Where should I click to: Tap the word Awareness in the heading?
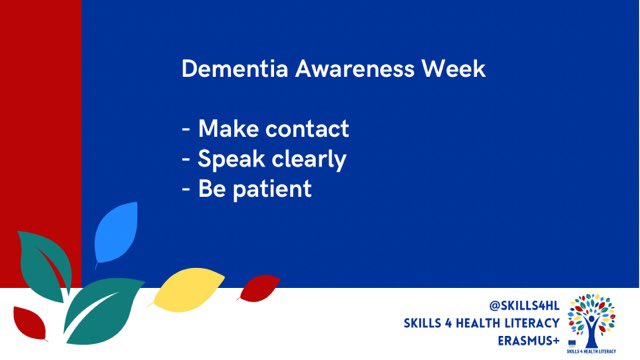321,71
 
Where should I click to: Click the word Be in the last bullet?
211,187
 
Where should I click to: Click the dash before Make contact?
186,130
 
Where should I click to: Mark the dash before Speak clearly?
186,160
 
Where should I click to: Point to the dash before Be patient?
186,189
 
